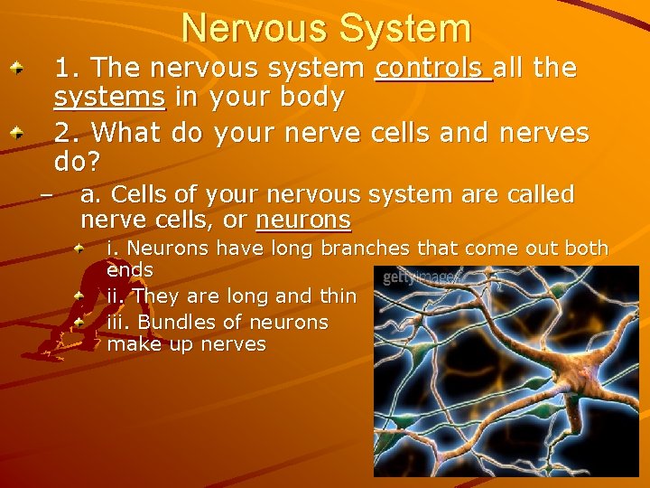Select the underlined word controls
432,69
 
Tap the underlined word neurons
303,220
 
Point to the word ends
130,270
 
